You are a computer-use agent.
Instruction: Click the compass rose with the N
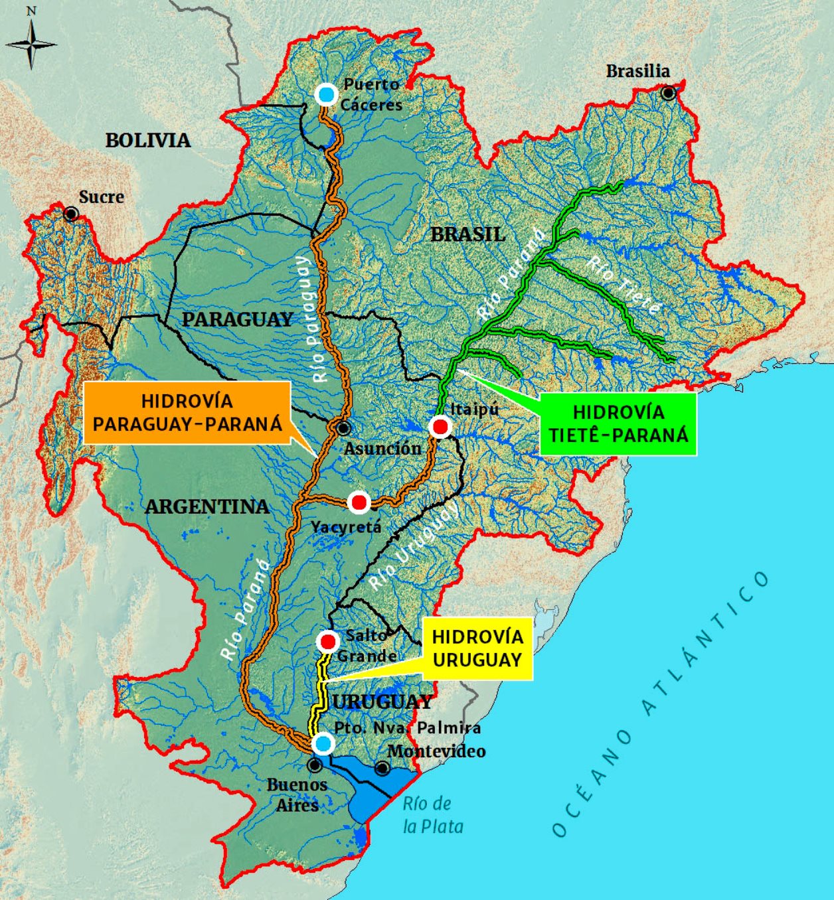click(31, 44)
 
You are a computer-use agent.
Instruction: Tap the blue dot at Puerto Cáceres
click(325, 94)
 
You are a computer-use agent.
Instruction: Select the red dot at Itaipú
click(440, 427)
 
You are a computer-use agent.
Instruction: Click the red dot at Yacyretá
click(359, 502)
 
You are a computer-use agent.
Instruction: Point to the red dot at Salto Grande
click(328, 642)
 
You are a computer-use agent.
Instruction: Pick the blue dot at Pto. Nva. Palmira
click(323, 744)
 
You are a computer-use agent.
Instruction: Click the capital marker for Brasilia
click(668, 93)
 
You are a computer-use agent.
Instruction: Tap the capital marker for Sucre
click(70, 214)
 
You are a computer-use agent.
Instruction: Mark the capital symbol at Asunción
click(343, 428)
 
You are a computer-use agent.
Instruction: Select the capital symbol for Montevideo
click(382, 769)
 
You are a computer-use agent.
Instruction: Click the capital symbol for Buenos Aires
click(315, 765)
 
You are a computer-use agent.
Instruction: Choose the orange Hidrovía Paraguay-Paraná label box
click(187, 412)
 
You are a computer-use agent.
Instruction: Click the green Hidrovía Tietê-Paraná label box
click(618, 423)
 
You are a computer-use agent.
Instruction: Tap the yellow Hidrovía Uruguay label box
click(477, 648)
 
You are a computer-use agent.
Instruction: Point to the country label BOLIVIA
click(147, 140)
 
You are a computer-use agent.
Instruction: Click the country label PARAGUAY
click(237, 319)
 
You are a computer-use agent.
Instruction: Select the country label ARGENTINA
click(207, 507)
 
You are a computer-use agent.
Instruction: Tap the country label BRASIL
click(467, 234)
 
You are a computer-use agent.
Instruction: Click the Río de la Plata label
click(432, 815)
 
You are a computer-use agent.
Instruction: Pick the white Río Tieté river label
click(624, 285)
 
